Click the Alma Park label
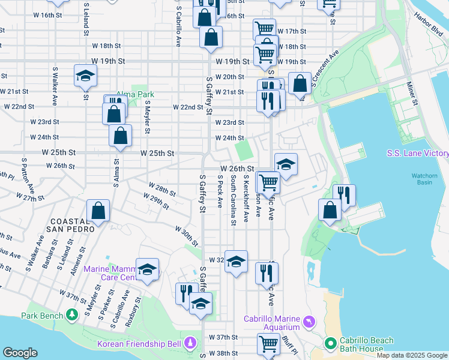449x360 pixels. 135,94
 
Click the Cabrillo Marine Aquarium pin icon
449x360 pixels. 309,322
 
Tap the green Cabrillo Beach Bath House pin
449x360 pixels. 330,344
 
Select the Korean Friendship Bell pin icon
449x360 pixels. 191,343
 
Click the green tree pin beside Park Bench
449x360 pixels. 72,314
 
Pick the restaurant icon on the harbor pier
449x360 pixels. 344,194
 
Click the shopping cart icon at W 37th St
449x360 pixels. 268,344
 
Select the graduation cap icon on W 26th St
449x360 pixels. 286,164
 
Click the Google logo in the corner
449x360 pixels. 20,353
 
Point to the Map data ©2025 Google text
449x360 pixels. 412,355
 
